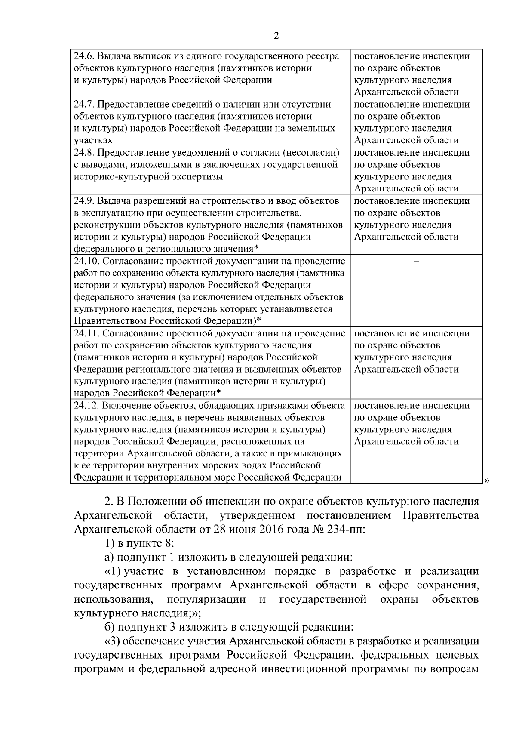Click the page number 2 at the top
point(276,36)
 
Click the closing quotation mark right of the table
point(487,481)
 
